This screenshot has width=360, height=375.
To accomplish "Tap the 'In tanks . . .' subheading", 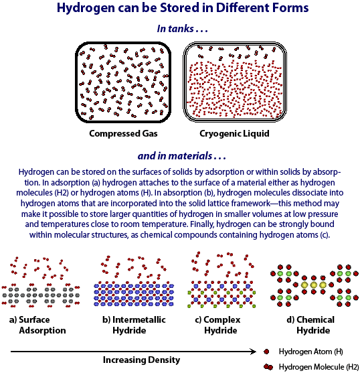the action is [182, 29].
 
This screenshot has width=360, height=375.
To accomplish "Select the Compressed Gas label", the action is [123, 133].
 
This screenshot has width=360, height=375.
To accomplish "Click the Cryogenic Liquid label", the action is [234, 133].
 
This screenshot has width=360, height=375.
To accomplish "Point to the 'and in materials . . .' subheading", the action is [182, 156].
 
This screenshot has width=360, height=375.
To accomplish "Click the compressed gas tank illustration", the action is [123, 82].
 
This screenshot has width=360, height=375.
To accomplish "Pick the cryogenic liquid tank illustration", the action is [235, 82].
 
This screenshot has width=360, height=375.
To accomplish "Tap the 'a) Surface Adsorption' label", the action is [37, 325].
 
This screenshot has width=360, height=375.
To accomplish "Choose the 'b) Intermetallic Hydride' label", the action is [134, 325].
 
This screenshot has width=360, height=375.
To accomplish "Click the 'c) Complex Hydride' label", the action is [217, 325].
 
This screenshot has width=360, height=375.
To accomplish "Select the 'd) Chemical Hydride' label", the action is [310, 325].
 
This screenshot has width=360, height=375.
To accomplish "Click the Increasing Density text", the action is [141, 360].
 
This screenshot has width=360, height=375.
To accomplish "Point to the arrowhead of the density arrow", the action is [254, 352].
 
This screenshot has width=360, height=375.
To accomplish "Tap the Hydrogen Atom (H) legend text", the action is [310, 352].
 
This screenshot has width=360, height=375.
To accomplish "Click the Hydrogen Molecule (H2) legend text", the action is [319, 367].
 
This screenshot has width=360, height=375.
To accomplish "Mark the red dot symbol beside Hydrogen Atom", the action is [266, 352].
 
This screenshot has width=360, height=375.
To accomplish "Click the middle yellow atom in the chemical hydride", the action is [313, 285].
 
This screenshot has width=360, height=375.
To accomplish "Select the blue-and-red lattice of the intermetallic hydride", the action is [134, 294].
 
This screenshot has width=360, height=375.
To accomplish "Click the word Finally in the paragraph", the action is [202, 224].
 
